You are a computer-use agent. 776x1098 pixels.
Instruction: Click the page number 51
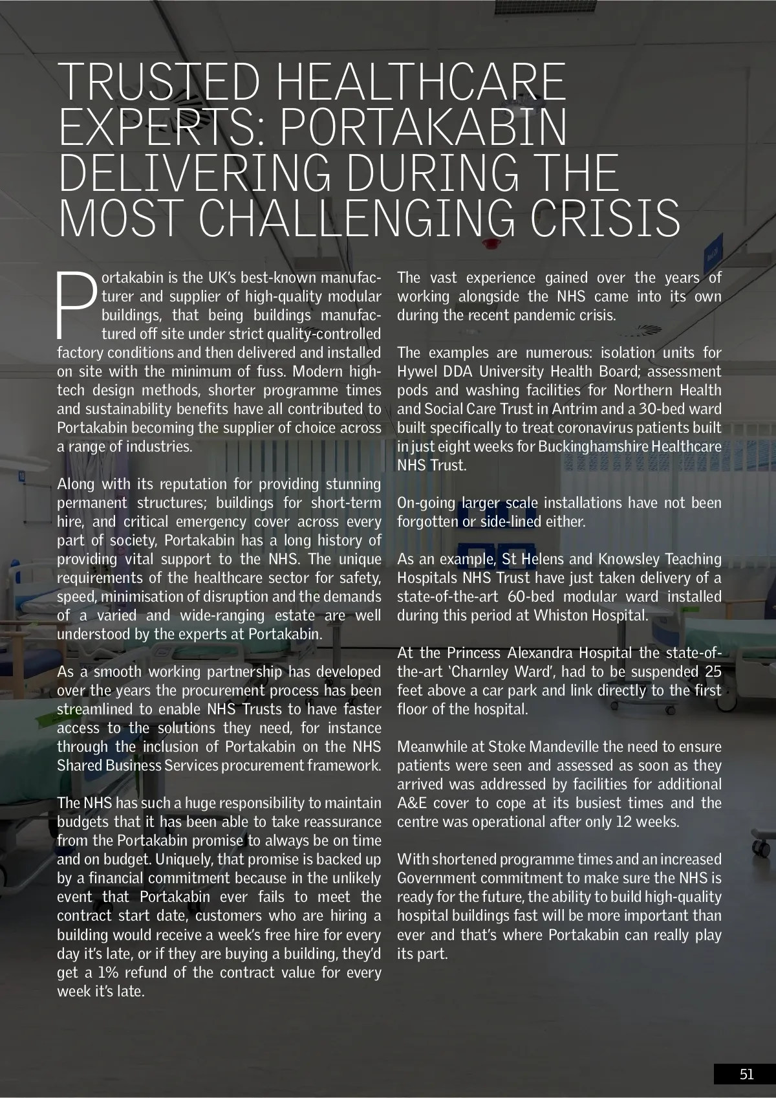point(746,1075)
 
